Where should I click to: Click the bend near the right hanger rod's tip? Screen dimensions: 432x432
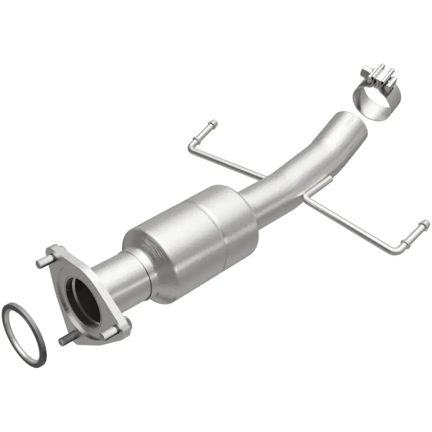tap(402, 247)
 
